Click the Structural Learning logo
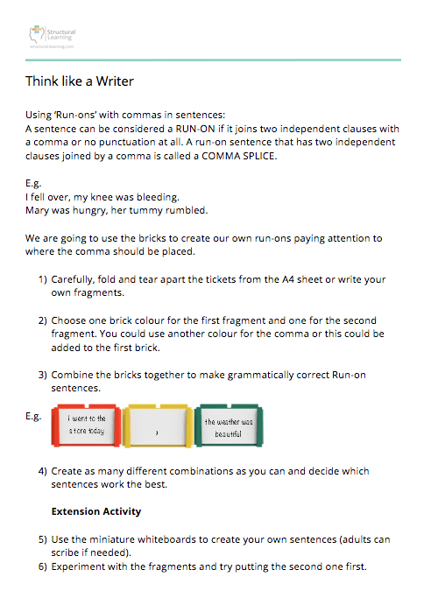click(53, 37)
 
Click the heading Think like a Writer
click(80, 81)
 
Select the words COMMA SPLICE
click(238, 156)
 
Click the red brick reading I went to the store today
click(87, 426)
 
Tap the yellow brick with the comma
click(158, 426)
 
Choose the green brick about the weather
click(229, 426)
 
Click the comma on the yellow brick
click(157, 433)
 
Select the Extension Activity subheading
click(96, 512)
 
